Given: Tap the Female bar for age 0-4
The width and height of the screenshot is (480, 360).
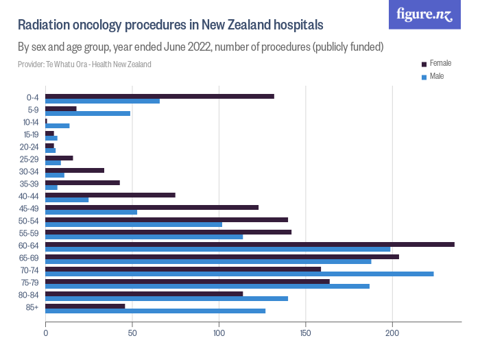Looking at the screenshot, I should click(160, 96).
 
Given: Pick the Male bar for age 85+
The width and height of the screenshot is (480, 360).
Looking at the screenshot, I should click(155, 311).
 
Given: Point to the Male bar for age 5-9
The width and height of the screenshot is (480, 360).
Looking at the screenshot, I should click(88, 113).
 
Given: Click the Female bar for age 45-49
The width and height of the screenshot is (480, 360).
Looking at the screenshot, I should click(152, 207).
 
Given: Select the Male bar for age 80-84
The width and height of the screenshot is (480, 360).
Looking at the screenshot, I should click(167, 298).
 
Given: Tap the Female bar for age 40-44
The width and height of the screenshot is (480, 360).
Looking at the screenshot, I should click(110, 195).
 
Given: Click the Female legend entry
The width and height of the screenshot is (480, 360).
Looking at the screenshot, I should click(440, 63).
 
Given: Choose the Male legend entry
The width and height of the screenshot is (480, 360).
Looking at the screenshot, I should click(436, 76).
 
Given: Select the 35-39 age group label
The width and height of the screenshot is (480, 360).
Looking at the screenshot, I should click(30, 183).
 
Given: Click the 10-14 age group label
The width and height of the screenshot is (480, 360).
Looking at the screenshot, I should click(30, 121).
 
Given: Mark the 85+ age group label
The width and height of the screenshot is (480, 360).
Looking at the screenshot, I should click(33, 307).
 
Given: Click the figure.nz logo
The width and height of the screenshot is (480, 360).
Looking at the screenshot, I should click(424, 14).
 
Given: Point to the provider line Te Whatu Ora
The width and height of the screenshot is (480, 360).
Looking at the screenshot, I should click(84, 64).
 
